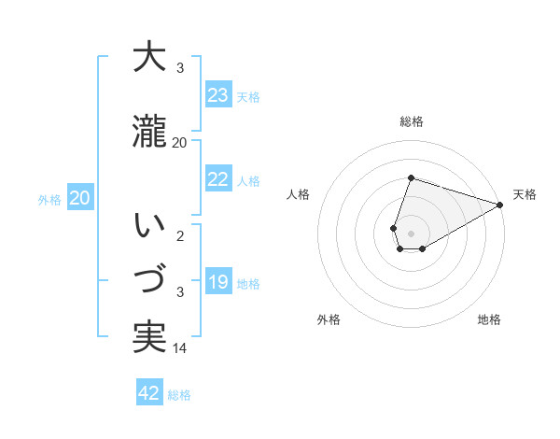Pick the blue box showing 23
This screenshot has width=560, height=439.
click(218, 95)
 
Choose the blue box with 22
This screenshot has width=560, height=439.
click(218, 179)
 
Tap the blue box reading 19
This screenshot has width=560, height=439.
click(218, 282)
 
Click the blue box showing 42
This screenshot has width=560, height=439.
click(149, 393)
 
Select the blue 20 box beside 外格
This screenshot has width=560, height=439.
click(80, 198)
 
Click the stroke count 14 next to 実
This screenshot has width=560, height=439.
click(180, 348)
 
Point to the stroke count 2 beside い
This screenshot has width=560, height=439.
click(180, 236)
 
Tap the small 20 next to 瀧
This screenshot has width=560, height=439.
click(180, 142)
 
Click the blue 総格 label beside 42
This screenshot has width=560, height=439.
click(179, 395)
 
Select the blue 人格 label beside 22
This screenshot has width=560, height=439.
click(248, 181)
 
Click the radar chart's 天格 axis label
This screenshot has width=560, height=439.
click(525, 194)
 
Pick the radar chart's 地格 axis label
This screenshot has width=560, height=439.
click(489, 319)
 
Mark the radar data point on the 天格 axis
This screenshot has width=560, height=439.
click(500, 205)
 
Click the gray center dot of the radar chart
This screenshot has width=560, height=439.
click(411, 233)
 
